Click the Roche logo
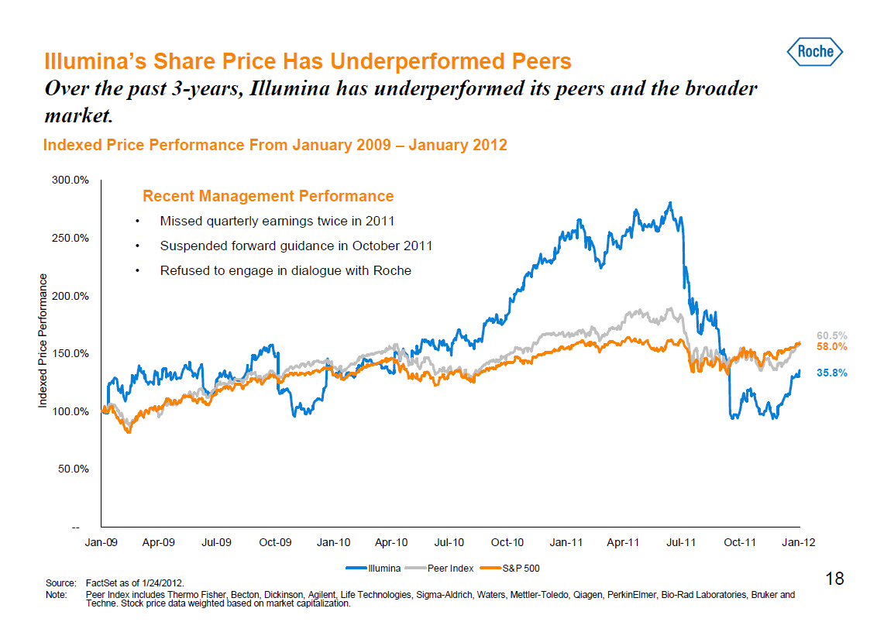pyautogui.click(x=815, y=52)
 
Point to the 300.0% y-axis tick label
pyautogui.click(x=71, y=180)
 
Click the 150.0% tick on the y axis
pyautogui.click(x=71, y=353)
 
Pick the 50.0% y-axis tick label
pyautogui.click(x=73, y=469)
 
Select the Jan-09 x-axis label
pyautogui.click(x=101, y=542)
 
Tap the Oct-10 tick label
pyautogui.click(x=507, y=542)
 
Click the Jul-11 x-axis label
pyautogui.click(x=682, y=542)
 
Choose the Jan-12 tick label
pyautogui.click(x=798, y=542)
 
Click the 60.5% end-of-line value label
pyautogui.click(x=831, y=335)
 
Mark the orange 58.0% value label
pyautogui.click(x=831, y=347)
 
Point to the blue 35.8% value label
pyautogui.click(x=831, y=373)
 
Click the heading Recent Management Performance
pyautogui.click(x=268, y=196)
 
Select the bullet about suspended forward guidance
pyautogui.click(x=296, y=246)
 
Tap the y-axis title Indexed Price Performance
pyautogui.click(x=43, y=339)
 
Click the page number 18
pyautogui.click(x=834, y=579)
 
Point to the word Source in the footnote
pyautogui.click(x=59, y=581)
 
